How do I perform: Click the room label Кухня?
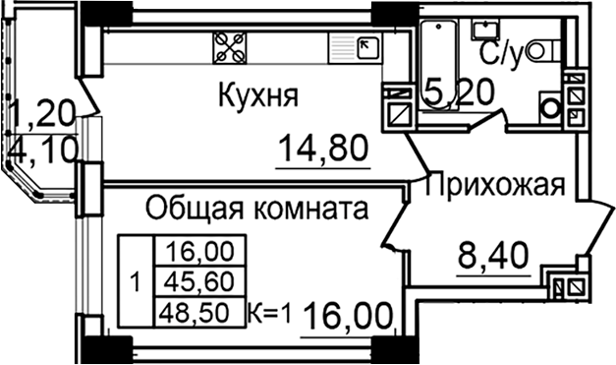coord(257,96)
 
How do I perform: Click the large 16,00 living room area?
coord(348,317)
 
